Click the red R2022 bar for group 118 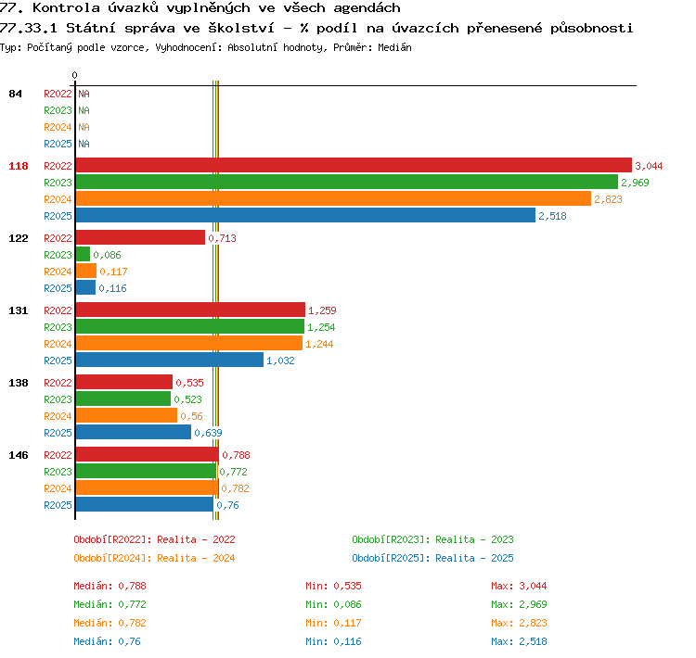[354, 165]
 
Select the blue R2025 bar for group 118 [305, 215]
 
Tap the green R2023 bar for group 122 [83, 254]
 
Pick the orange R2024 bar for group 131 [189, 343]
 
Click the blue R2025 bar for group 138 [134, 432]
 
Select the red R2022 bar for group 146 [148, 454]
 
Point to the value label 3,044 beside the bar [649, 166]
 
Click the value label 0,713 [222, 238]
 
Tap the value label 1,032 [280, 361]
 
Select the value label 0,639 [208, 433]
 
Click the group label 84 [15, 94]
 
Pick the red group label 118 [19, 166]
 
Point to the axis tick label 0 [74, 75]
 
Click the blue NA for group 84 [84, 144]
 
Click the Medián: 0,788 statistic [110, 586]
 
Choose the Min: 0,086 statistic [333, 604]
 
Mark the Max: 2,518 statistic [519, 641]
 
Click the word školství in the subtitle [241, 28]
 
